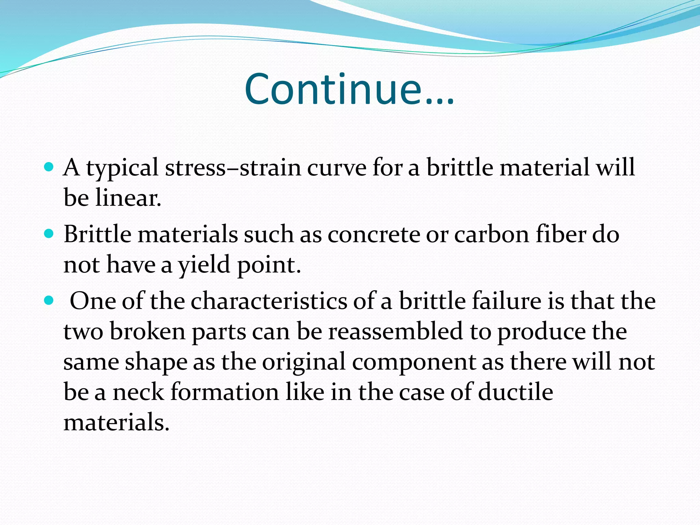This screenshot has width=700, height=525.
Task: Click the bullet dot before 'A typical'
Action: coord(49,167)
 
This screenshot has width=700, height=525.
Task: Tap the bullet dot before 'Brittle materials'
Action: coord(49,234)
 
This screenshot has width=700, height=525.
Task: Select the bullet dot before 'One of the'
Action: coord(49,300)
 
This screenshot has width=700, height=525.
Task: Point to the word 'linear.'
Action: coord(128,198)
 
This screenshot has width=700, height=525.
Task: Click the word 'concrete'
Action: coord(373,234)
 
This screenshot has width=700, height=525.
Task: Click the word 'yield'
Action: coord(204,265)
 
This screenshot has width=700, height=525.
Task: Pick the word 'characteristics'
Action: coord(269,301)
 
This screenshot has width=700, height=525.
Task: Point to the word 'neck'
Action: coord(138,392)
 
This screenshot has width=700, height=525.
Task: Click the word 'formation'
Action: coord(225,392)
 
